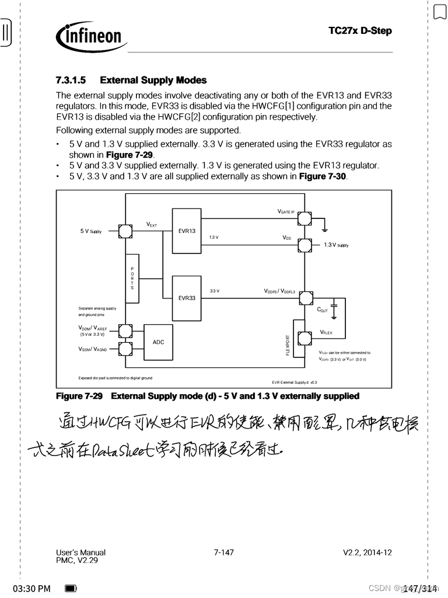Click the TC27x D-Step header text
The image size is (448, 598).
(360, 31)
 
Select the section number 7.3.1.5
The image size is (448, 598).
(71, 80)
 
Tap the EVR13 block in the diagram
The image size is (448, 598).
(187, 231)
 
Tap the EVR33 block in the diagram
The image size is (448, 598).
(187, 298)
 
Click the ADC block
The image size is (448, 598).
(158, 342)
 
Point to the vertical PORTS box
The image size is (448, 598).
(132, 279)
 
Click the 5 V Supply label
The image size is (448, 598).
(91, 231)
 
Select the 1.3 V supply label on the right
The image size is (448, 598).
(336, 245)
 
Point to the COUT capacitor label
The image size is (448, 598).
(322, 310)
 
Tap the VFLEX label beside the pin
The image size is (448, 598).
(325, 332)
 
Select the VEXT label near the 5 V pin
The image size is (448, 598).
(151, 224)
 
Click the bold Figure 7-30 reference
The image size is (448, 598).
(323, 176)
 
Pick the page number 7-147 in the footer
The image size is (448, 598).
(224, 552)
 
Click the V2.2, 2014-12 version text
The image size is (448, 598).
(367, 552)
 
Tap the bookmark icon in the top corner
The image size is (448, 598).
(439, 11)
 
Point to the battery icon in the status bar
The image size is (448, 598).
(71, 588)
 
